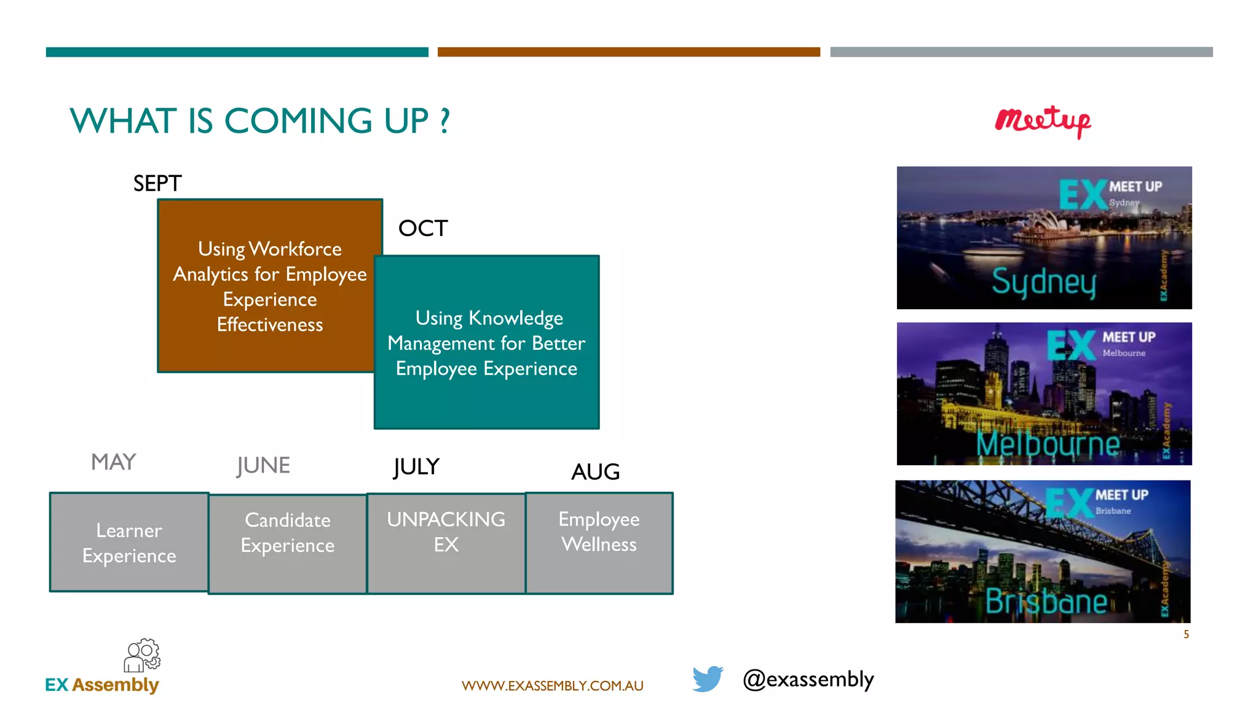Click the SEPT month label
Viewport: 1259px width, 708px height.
tap(157, 183)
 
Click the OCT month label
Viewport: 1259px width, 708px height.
tap(423, 229)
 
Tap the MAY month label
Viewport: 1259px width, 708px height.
tap(113, 462)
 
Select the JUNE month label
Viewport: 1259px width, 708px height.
tap(263, 465)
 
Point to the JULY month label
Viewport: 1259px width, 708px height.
tap(416, 467)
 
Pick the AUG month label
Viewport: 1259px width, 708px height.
tap(595, 472)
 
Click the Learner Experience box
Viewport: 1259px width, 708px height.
tap(129, 543)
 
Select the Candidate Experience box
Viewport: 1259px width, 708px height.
tap(288, 544)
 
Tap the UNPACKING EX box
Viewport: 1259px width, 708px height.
tap(446, 543)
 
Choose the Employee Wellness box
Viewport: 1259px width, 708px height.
tap(599, 543)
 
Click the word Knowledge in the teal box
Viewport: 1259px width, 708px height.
tap(515, 318)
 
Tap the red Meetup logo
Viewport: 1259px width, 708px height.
tap(1043, 121)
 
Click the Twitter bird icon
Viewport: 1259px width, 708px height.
tap(708, 678)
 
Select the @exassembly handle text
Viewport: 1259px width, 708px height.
tap(808, 679)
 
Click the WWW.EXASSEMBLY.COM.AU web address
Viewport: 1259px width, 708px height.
tap(552, 686)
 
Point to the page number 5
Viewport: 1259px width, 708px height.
tap(1186, 634)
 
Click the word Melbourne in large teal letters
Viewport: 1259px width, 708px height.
tap(1048, 444)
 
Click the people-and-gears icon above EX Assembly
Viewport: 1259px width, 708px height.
tap(142, 655)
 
